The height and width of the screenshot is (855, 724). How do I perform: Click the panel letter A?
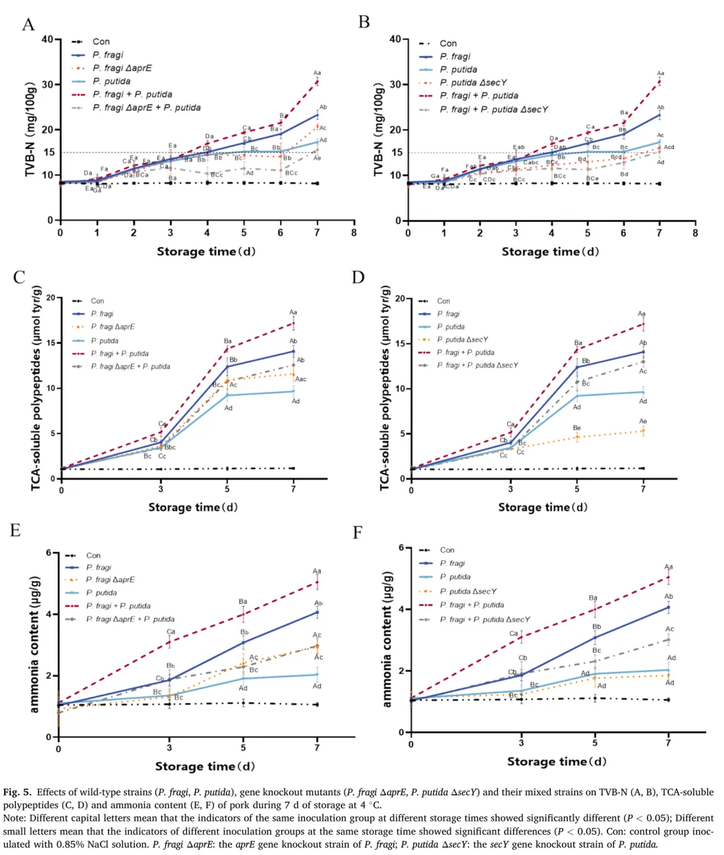[x=28, y=25]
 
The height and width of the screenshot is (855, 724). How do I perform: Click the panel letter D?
[x=359, y=277]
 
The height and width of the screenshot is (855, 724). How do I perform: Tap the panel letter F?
[x=357, y=532]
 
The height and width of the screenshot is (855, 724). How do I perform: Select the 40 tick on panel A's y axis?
[x=47, y=40]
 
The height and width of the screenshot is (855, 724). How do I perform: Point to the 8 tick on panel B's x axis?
[x=695, y=233]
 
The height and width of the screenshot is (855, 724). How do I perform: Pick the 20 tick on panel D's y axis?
[x=400, y=299]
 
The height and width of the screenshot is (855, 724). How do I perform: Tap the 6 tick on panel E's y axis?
[x=48, y=553]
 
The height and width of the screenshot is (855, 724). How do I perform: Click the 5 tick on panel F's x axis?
[x=595, y=744]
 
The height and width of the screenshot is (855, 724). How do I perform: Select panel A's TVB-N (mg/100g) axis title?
[x=31, y=130]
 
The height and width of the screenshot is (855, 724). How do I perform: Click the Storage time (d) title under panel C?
[x=193, y=507]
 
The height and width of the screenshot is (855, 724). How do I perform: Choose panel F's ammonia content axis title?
[x=387, y=639]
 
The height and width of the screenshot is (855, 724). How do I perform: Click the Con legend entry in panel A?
[x=101, y=42]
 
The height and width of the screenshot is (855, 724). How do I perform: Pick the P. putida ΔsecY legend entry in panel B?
[x=473, y=82]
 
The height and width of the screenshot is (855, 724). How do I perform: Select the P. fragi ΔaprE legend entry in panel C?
[x=113, y=327]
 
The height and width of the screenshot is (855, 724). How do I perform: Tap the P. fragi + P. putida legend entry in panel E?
[x=118, y=606]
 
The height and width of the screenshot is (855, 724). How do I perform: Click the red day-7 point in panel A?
[x=317, y=81]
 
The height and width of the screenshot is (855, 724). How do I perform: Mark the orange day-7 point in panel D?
[x=643, y=431]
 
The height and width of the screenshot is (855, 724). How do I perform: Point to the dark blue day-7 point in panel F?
[x=668, y=608]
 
